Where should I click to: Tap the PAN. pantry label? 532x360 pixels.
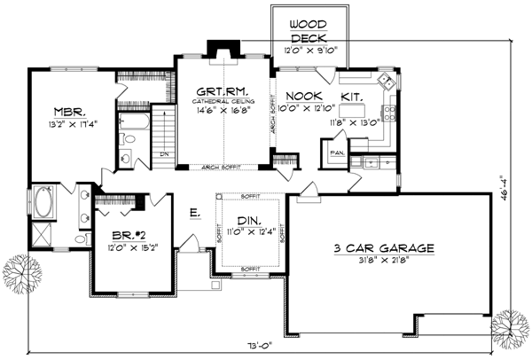pyautogui.click(x=337, y=153)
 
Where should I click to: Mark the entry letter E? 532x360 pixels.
pyautogui.click(x=193, y=212)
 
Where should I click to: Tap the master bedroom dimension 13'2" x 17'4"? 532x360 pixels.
pyautogui.click(x=67, y=126)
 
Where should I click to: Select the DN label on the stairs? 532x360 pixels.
pyautogui.click(x=164, y=153)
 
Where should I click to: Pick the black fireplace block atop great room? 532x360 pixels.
pyautogui.click(x=215, y=47)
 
